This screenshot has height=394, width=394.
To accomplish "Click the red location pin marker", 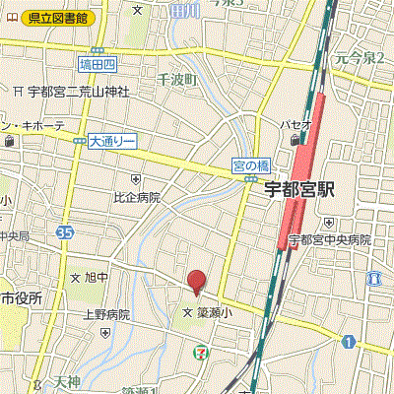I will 196,282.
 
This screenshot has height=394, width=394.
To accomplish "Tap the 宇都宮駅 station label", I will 300,190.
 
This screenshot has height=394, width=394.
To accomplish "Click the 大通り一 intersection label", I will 110,141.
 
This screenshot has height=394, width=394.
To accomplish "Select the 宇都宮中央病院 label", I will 335,239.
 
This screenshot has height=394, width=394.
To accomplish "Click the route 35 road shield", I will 65,232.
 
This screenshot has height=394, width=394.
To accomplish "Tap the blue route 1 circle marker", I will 349,341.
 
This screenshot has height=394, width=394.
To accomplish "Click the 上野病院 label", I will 105,314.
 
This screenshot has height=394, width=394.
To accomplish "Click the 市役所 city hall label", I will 21,297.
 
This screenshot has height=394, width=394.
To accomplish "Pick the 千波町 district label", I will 177,79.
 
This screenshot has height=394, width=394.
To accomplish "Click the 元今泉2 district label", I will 360,58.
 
